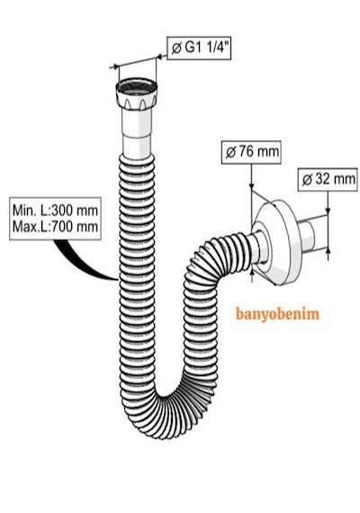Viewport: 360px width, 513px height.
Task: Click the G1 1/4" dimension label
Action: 199,49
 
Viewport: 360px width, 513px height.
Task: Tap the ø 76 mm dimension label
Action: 251,152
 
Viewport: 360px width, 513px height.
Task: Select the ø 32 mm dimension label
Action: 328,179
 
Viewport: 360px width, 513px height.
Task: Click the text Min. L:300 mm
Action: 55,210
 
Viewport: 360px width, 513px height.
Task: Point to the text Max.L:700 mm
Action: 55,226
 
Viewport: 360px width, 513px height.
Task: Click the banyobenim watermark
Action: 277,314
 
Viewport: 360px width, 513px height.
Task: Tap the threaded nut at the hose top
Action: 137,94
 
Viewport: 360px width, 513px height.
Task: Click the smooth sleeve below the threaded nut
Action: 137,131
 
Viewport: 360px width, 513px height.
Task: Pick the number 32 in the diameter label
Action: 321,179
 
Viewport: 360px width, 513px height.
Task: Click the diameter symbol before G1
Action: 176,49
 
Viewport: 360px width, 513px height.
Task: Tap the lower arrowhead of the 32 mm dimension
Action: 328,251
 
